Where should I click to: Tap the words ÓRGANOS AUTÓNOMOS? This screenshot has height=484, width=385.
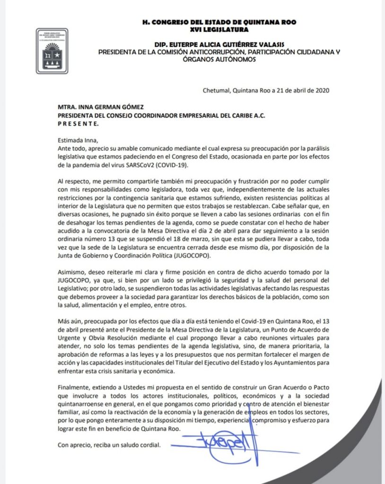(222, 60)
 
